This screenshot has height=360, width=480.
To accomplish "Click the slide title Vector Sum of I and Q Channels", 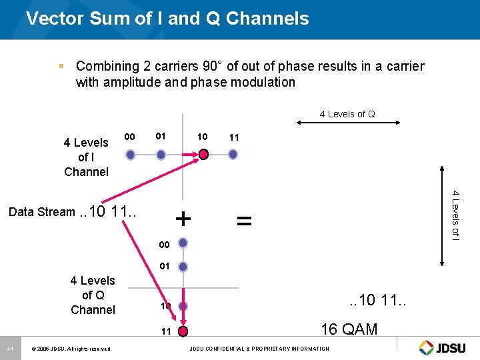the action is tap(167, 18).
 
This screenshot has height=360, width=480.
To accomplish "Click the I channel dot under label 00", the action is tap(131, 155).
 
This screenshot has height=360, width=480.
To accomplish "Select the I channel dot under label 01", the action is tap(161, 155).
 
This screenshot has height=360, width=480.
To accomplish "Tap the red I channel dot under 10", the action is tap(203, 155).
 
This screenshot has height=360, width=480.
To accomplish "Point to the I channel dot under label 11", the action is tap(233, 155).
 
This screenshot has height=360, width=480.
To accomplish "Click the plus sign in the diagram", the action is tap(183, 218).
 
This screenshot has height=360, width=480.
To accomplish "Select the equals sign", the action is tap(245, 219).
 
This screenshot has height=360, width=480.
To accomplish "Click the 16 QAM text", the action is tap(349, 329).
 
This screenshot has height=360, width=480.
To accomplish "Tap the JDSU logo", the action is tap(444, 347).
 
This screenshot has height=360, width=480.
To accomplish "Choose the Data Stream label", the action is tap(42, 212).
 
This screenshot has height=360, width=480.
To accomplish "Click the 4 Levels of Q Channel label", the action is tap(93, 295).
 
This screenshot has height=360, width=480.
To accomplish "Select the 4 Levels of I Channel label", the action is tap(86, 157).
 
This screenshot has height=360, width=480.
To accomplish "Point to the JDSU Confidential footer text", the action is tap(259, 349).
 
